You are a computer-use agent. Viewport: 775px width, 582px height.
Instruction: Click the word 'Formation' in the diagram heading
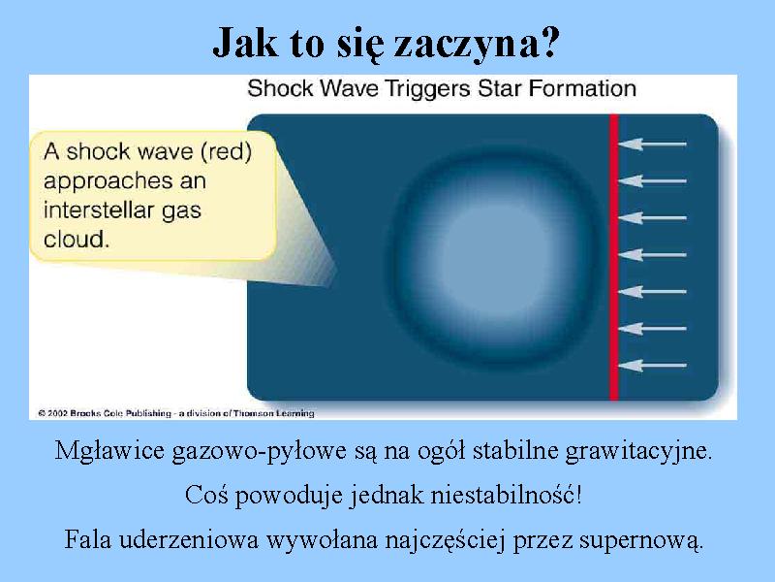[582, 89]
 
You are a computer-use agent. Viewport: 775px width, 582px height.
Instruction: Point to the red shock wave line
[614, 257]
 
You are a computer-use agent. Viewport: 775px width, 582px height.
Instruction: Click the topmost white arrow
[652, 144]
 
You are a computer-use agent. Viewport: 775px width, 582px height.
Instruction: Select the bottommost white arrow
[652, 366]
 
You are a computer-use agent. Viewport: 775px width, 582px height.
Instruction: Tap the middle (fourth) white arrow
[652, 255]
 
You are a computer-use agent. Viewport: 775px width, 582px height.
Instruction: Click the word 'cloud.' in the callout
[77, 240]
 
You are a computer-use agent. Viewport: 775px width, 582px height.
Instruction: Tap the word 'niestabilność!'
[506, 495]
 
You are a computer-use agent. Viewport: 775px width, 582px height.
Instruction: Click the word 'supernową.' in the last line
[641, 539]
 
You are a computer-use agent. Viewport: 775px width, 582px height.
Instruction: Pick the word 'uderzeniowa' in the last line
[189, 539]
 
